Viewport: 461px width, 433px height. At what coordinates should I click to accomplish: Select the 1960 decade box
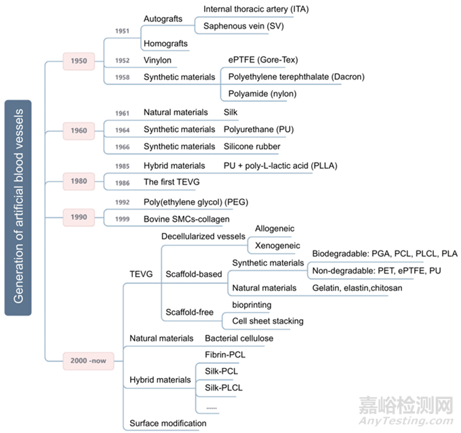coord(79,130)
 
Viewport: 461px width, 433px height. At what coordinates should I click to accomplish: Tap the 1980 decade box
coord(79,181)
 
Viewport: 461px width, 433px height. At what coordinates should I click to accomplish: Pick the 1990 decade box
coord(79,216)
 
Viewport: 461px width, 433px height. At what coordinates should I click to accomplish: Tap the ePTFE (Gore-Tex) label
coord(263,60)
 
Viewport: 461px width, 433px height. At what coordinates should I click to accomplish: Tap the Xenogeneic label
coord(278,246)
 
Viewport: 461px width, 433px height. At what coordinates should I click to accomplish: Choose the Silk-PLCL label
coord(224,388)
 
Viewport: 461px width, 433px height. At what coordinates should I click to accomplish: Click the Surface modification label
coord(168,423)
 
